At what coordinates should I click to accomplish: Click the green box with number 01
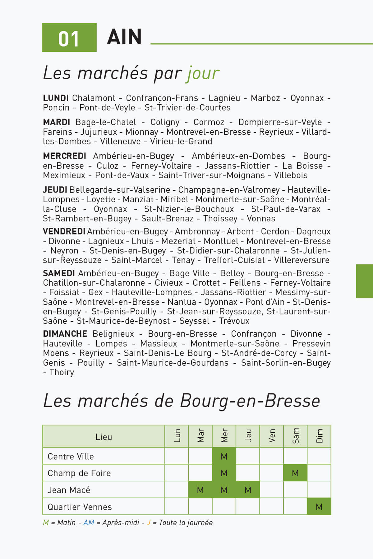[x=69, y=38]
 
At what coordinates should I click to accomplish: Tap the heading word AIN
[x=124, y=37]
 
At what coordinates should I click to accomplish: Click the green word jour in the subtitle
[x=203, y=74]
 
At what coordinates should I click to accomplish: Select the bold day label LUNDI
[x=56, y=98]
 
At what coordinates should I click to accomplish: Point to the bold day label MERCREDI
[x=64, y=156]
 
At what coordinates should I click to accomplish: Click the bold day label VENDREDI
[x=64, y=231]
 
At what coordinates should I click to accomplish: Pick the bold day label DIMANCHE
[x=65, y=334]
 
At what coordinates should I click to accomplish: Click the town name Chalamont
[x=94, y=98]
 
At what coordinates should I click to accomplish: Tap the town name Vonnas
[x=261, y=219]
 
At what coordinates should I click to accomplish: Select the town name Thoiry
[x=62, y=372]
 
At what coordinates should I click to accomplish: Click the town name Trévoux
[x=234, y=321]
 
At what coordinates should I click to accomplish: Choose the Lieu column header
[x=104, y=437]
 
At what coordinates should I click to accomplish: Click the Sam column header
[x=295, y=436]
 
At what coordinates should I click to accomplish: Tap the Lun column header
[x=177, y=436]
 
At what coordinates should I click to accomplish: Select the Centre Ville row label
[x=71, y=457]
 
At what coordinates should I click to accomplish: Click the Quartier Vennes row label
[x=80, y=507]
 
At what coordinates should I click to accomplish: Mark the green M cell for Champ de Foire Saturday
[x=295, y=473]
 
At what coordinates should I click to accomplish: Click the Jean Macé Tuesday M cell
[x=200, y=490]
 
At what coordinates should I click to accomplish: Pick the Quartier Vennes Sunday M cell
[x=319, y=507]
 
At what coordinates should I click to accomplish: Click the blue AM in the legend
[x=89, y=523]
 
